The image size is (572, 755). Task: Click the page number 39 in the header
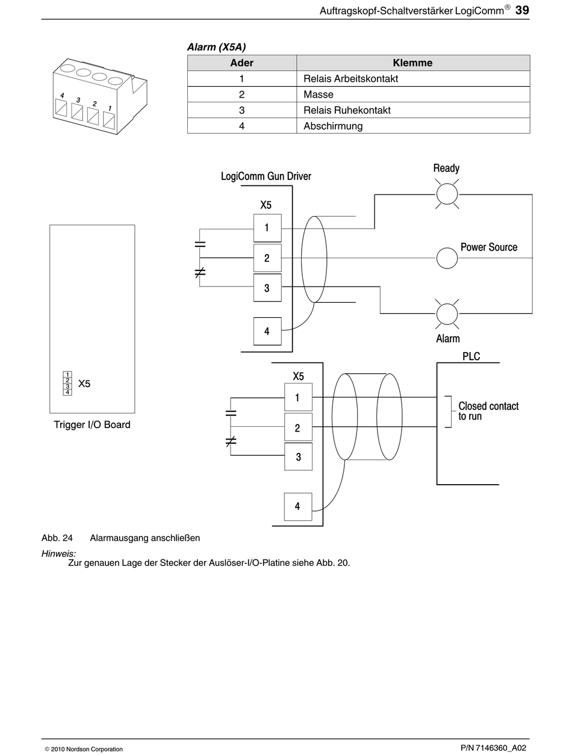pyautogui.click(x=522, y=10)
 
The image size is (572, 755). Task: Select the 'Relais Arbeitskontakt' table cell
pyautogui.click(x=413, y=79)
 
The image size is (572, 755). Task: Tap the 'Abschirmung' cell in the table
pyautogui.click(x=413, y=126)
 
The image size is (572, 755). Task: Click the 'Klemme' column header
pyautogui.click(x=413, y=63)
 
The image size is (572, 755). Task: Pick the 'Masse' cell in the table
pyautogui.click(x=413, y=95)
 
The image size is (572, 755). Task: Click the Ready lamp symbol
pyautogui.click(x=447, y=194)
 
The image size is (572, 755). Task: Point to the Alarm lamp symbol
pyautogui.click(x=447, y=314)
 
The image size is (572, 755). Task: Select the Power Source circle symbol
pyautogui.click(x=447, y=258)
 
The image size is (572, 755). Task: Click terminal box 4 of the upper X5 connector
pyautogui.click(x=267, y=331)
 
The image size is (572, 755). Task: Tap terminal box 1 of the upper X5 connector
pyautogui.click(x=267, y=228)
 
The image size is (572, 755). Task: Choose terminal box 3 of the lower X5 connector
pyautogui.click(x=298, y=456)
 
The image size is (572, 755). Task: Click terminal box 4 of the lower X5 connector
pyautogui.click(x=298, y=507)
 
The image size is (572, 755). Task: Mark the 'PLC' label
pyautogui.click(x=471, y=356)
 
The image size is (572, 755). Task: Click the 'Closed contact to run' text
pyautogui.click(x=488, y=411)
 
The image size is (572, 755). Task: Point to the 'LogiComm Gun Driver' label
pyautogui.click(x=266, y=176)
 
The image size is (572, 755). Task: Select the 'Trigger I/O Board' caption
pyautogui.click(x=92, y=425)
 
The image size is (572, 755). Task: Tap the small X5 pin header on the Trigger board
pyautogui.click(x=67, y=384)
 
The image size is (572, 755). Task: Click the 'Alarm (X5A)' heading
pyautogui.click(x=216, y=47)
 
